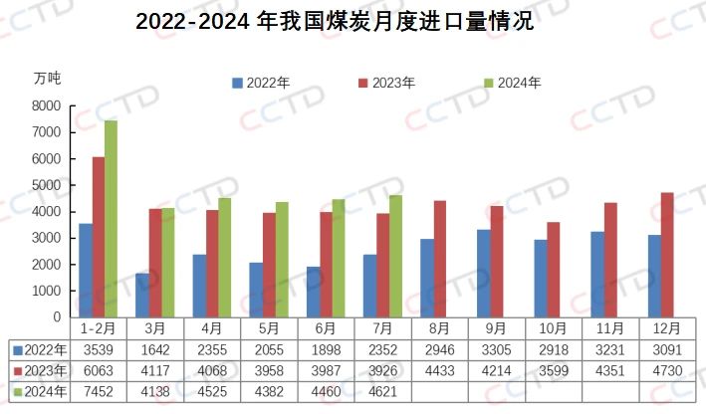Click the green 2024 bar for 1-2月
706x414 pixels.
[111, 219]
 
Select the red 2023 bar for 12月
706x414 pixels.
[666, 255]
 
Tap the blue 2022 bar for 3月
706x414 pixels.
[142, 296]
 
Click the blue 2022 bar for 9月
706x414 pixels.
[483, 274]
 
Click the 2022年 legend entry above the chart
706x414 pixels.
[261, 84]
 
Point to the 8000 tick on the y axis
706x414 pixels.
[47, 105]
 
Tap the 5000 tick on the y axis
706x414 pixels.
[47, 185]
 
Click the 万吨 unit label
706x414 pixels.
[47, 78]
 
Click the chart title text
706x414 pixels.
[335, 22]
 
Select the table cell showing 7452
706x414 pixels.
[98, 388]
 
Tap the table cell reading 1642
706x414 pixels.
[154, 349]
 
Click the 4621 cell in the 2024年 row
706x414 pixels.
[381, 388]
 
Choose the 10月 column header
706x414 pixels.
[552, 328]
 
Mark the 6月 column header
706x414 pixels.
[325, 328]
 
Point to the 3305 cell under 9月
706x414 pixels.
[495, 349]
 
